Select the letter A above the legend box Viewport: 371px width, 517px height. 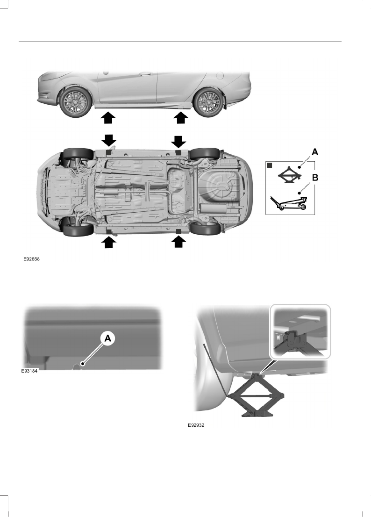(x=314, y=152)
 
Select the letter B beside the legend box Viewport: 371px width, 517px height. (x=314, y=178)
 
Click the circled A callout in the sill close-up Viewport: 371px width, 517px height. (x=107, y=339)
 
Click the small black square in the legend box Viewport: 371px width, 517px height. (x=270, y=165)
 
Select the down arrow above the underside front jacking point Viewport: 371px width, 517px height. (x=107, y=140)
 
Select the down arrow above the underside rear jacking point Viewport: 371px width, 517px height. (x=178, y=140)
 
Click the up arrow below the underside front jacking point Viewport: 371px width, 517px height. (x=108, y=242)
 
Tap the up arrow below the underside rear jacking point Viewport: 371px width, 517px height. (x=178, y=242)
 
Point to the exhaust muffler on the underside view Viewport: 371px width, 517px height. (x=111, y=193)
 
